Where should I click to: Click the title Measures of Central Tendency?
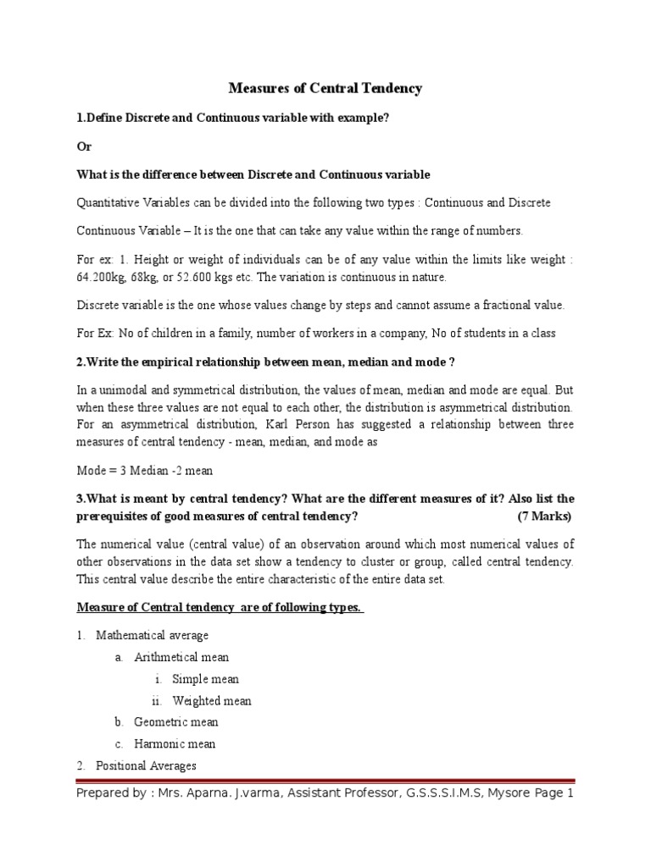coord(325,88)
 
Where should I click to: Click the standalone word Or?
coord(83,146)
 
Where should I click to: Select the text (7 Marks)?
coord(544,516)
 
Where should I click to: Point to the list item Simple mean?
coord(205,679)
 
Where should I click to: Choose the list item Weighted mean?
coord(211,701)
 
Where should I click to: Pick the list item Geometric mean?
coord(175,722)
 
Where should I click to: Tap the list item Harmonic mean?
coord(175,744)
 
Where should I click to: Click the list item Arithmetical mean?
coord(181,657)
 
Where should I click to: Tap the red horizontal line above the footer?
coord(325,781)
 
